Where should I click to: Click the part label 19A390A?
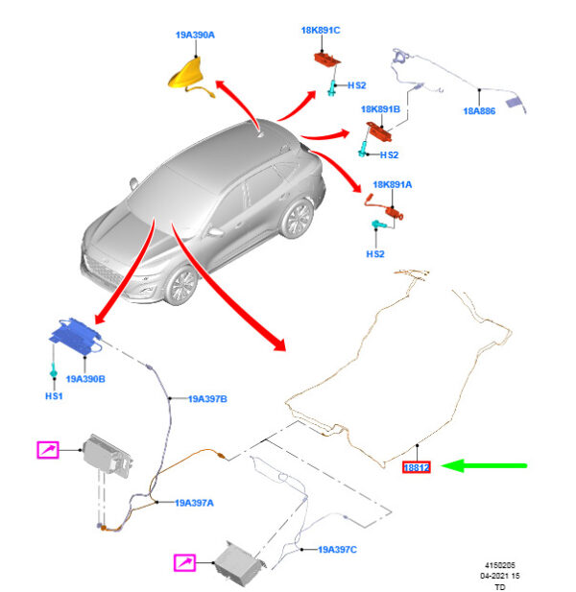click(x=195, y=35)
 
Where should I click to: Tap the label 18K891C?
click(x=321, y=30)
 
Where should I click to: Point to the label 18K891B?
click(x=380, y=109)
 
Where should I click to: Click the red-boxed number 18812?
click(x=418, y=467)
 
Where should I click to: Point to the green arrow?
click(x=490, y=466)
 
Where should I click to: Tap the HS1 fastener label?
click(x=54, y=396)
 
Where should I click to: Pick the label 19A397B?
click(x=207, y=398)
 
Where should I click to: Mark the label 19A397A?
click(x=195, y=502)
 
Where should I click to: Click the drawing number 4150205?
click(x=499, y=565)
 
